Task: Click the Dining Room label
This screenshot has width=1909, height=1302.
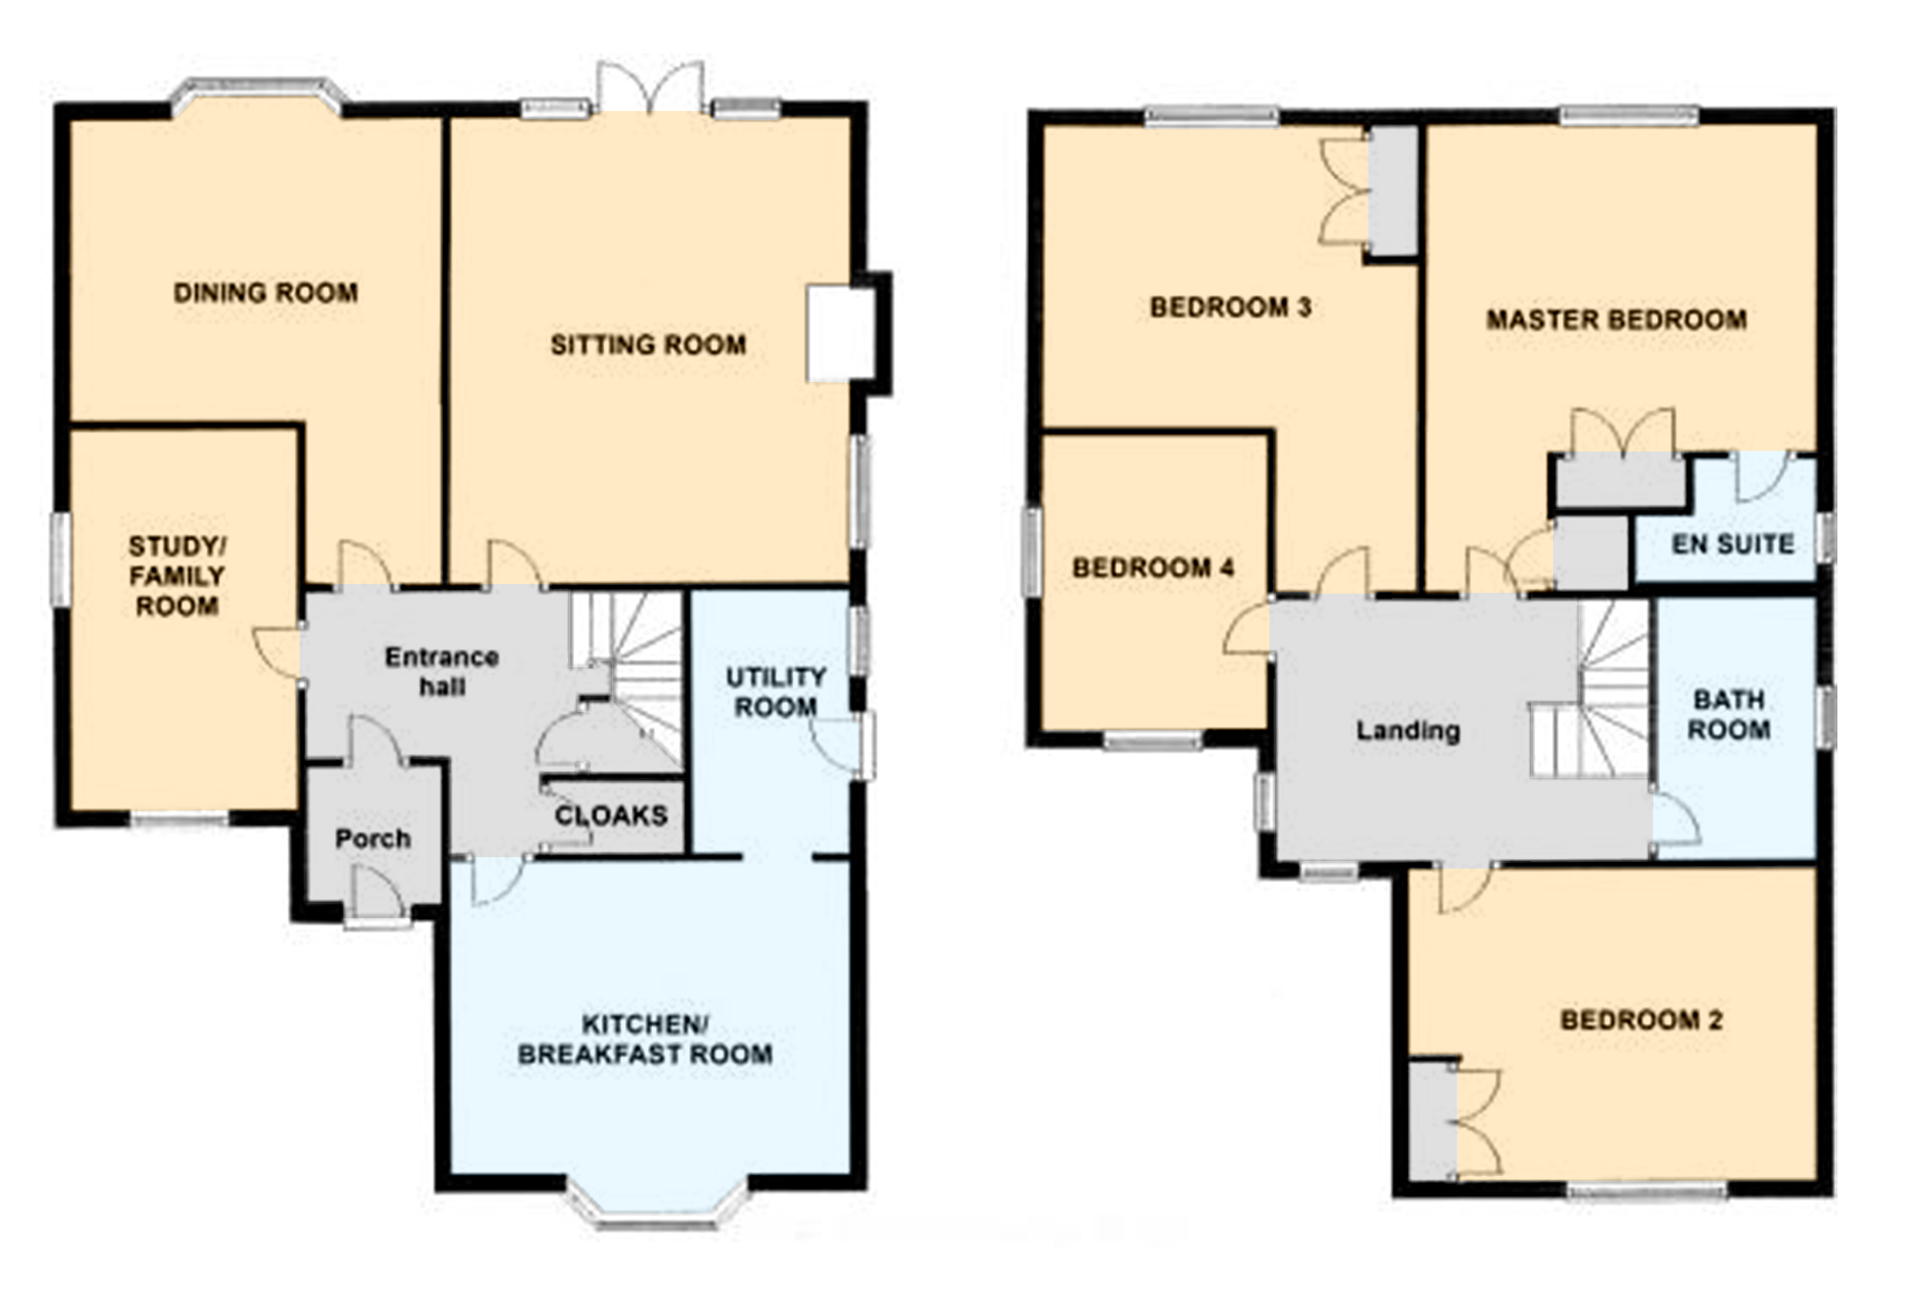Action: tap(265, 292)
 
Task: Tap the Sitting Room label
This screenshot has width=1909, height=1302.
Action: tap(648, 344)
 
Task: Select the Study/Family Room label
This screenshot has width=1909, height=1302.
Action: tap(178, 576)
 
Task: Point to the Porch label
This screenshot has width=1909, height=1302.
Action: tap(373, 839)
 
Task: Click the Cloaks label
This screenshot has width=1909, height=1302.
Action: tap(611, 815)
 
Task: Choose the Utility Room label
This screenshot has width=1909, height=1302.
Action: tap(776, 692)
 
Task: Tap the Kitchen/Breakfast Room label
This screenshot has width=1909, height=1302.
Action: tap(645, 1039)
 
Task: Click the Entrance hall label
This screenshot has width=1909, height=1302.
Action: tap(442, 671)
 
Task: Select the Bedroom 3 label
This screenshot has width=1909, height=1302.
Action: tap(1230, 307)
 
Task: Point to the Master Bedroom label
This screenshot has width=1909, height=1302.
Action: tap(1617, 319)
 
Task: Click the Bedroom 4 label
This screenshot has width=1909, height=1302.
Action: tap(1153, 568)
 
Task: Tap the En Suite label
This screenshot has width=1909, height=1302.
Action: tap(1733, 544)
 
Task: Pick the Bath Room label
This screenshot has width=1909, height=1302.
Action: tap(1729, 715)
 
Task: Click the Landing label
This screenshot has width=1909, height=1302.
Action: tap(1409, 731)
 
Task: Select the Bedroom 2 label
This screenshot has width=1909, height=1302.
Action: tap(1642, 1020)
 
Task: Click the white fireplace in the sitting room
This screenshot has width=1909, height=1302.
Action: tap(840, 333)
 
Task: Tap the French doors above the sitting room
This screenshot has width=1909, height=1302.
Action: tap(651, 88)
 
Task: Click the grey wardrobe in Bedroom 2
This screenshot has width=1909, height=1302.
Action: tap(1434, 1122)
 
